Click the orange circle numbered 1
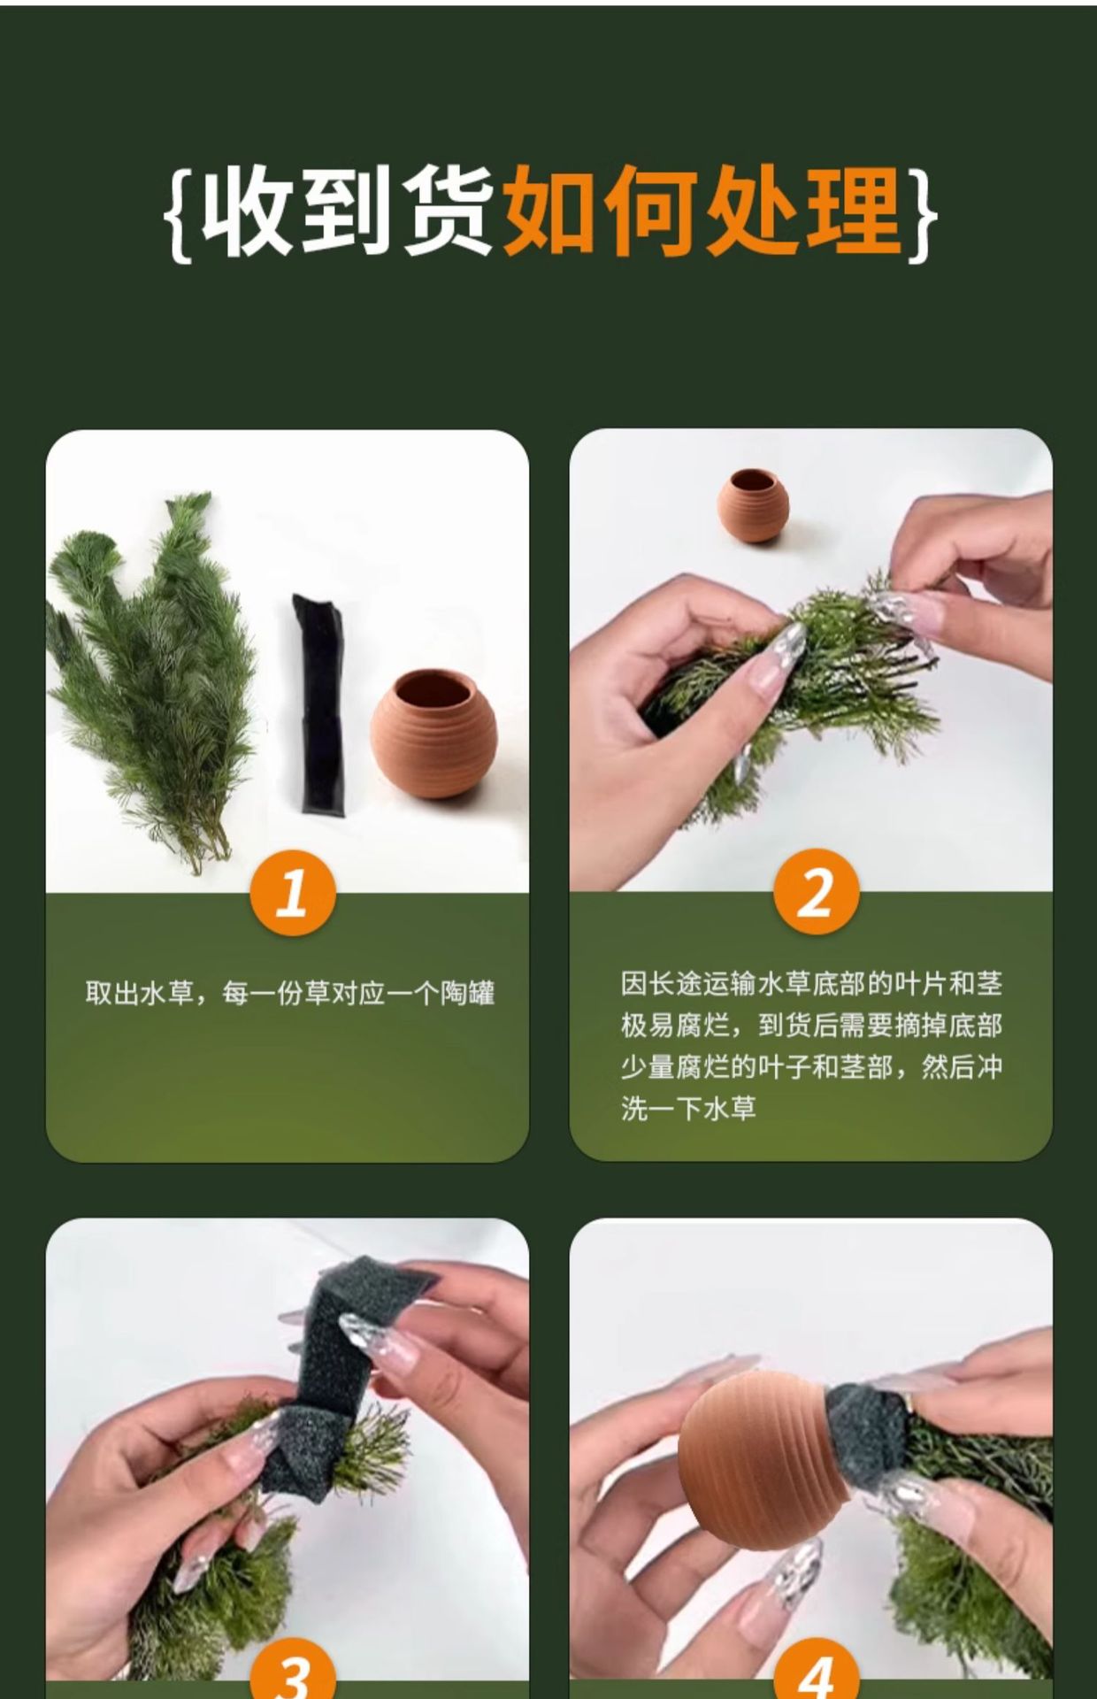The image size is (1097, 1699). coord(292,893)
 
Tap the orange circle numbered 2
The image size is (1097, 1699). coord(816,892)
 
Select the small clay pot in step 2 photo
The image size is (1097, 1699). coord(753,504)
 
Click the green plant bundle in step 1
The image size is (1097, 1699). coord(150,681)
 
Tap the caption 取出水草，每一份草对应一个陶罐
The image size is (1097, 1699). coord(290,993)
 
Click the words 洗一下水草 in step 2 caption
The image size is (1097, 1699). coord(688,1108)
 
